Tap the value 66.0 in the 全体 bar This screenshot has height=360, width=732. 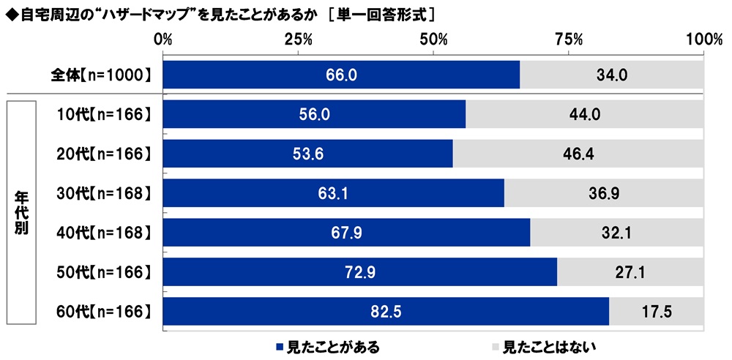click(341, 75)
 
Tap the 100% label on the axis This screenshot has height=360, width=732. click(703, 39)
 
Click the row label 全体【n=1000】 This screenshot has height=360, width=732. click(101, 75)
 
